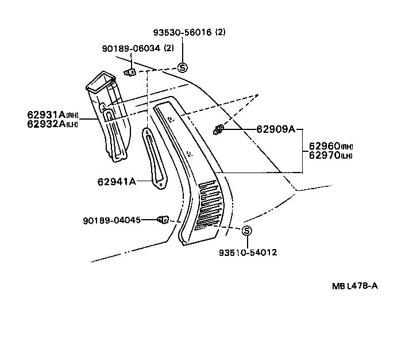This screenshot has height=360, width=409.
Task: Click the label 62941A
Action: coord(117,182)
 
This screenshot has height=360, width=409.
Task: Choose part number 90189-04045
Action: coord(111,220)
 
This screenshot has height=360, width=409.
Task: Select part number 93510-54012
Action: coord(247,252)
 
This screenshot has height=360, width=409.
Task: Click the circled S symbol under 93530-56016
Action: coord(183,67)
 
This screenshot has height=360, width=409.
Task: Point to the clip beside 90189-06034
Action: coord(130,72)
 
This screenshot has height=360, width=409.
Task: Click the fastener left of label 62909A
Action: coord(218,130)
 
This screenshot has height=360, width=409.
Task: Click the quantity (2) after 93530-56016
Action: coord(220,33)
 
